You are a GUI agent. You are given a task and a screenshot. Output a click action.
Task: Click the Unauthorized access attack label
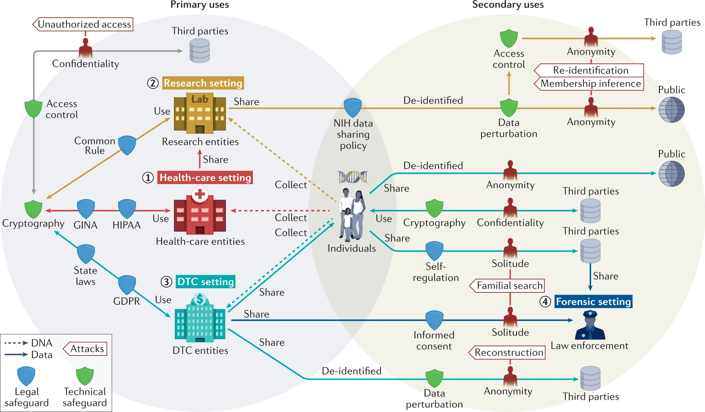(83, 24)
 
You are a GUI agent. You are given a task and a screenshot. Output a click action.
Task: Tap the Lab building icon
(200, 113)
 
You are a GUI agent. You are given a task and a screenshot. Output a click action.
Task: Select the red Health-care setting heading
(205, 177)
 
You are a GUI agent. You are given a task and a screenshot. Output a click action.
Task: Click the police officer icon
(590, 325)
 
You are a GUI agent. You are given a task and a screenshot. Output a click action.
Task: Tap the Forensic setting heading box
(593, 302)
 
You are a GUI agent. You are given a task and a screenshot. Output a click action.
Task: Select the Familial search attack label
(507, 286)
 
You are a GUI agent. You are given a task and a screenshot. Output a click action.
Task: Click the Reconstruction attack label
(507, 352)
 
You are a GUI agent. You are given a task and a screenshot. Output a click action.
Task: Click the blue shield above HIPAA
(127, 209)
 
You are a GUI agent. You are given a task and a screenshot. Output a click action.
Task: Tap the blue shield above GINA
(86, 209)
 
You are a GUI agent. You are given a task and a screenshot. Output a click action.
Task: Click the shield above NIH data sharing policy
(352, 108)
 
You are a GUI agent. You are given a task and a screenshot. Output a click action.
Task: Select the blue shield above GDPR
(127, 285)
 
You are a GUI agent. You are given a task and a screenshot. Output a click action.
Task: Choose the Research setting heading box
(203, 83)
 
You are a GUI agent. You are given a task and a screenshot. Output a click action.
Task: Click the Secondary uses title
(508, 5)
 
